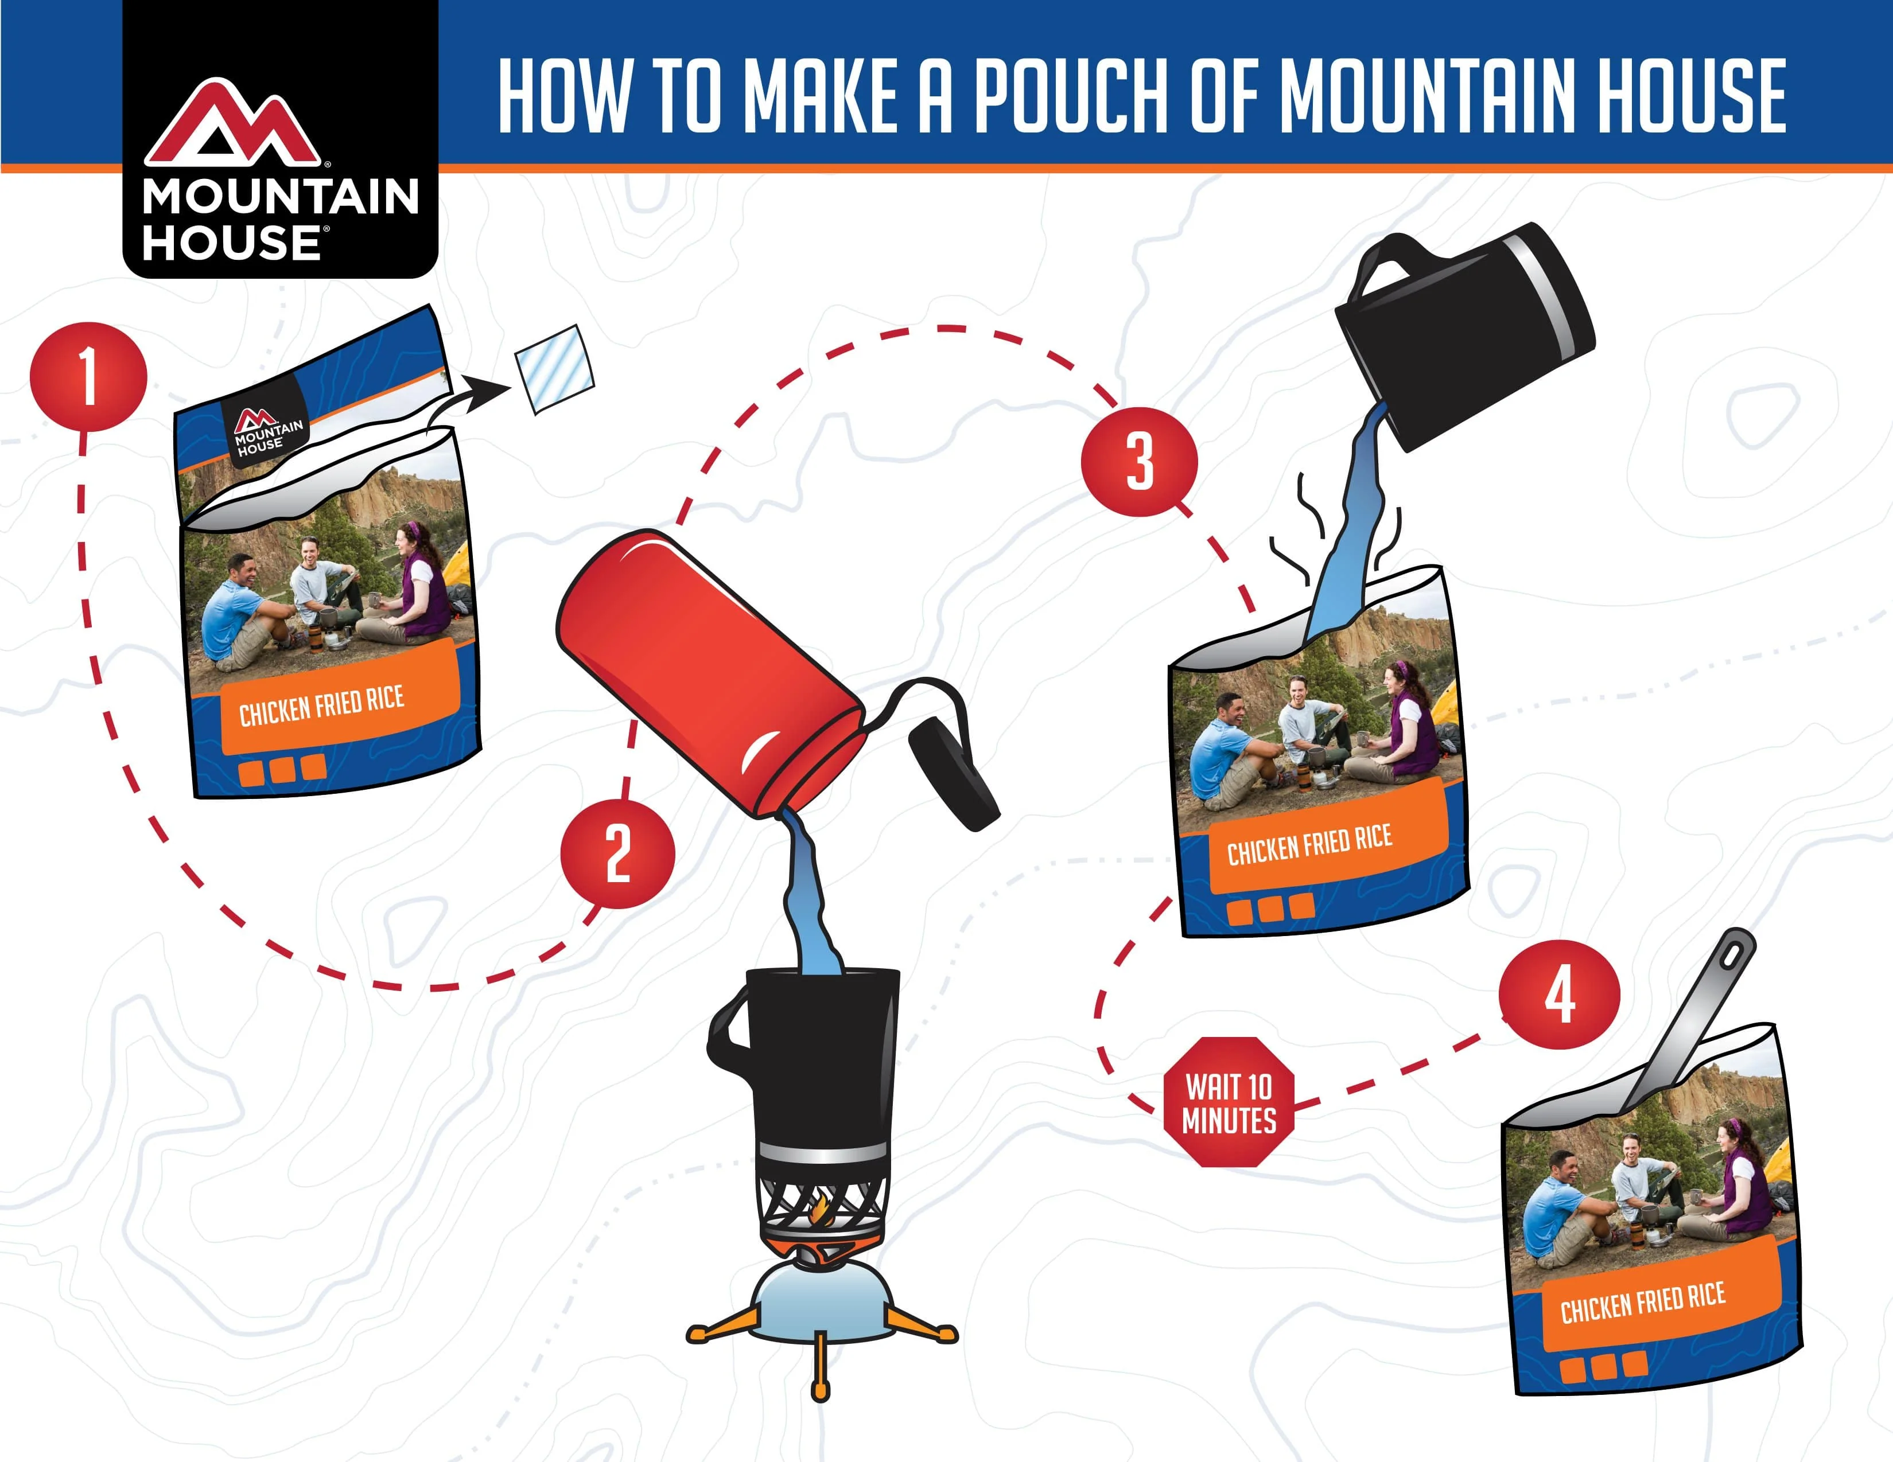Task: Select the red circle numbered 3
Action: click(x=1139, y=462)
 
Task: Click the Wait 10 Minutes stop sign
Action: click(x=1229, y=1101)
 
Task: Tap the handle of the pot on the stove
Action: click(x=726, y=1031)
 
